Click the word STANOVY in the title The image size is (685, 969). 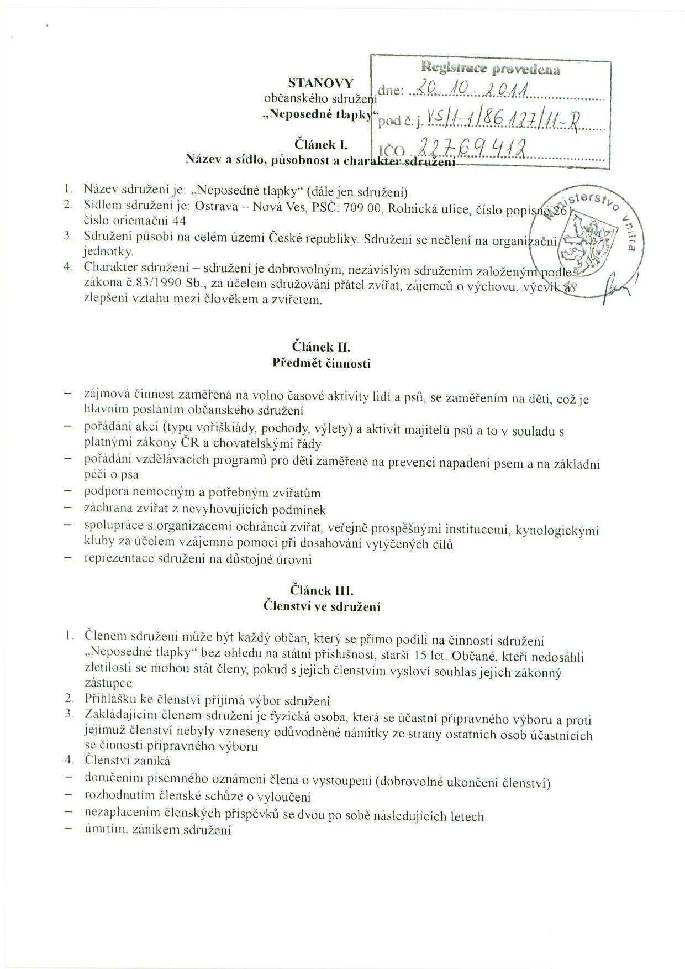(320, 83)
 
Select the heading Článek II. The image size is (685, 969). (322, 348)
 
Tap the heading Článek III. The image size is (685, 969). (322, 590)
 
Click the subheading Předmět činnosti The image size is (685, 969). (322, 363)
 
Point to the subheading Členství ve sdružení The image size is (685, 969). (322, 606)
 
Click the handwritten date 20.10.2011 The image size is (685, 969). (472, 88)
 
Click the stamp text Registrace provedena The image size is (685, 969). (491, 69)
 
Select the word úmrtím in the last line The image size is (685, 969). (102, 830)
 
